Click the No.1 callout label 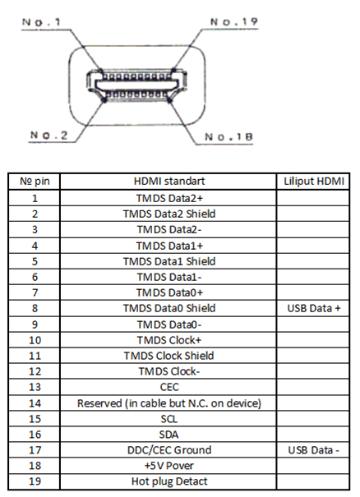41,22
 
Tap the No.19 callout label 234,22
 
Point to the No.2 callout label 48,135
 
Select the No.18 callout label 228,137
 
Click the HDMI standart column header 169,181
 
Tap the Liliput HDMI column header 314,181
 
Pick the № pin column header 35,182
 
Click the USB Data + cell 314,308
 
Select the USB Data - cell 314,450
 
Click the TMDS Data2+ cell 169,198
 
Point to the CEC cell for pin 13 169,387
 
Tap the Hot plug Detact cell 169,481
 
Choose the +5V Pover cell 168,466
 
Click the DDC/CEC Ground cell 169,450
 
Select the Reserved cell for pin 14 169,403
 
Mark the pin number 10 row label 35,340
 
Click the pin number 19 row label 35,481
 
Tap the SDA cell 168,435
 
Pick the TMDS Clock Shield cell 168,356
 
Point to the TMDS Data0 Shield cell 169,308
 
